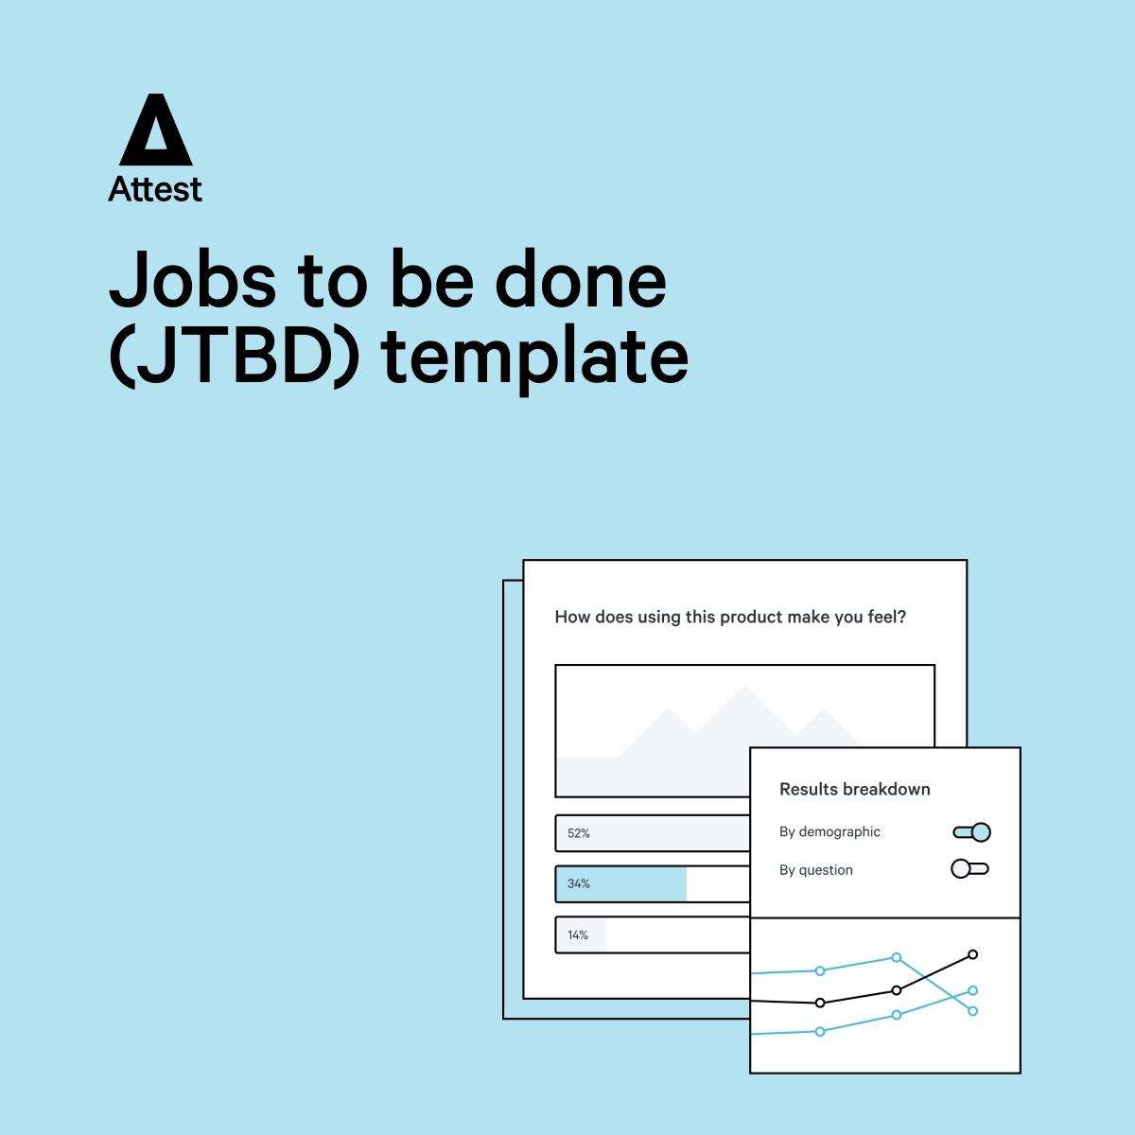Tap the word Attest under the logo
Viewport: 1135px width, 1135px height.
point(155,189)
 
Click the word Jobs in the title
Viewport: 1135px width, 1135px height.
point(193,280)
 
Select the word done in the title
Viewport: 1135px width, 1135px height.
point(581,279)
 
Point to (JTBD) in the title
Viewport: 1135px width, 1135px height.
point(235,358)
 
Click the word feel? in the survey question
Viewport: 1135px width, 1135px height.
point(886,617)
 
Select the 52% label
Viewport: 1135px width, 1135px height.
point(579,833)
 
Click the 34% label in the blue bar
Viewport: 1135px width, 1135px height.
point(579,883)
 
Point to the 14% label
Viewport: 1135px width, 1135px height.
point(577,934)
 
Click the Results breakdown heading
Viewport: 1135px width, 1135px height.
point(855,789)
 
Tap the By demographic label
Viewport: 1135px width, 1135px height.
point(829,831)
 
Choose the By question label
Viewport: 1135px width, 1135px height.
point(815,870)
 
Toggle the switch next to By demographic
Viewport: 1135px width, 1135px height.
point(972,832)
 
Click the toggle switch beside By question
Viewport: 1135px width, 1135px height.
point(970,869)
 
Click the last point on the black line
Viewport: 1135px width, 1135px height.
point(973,954)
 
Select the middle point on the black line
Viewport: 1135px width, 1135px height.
point(897,990)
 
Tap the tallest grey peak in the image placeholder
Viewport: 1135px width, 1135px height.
point(745,687)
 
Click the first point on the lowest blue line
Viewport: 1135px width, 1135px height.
point(820,1031)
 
